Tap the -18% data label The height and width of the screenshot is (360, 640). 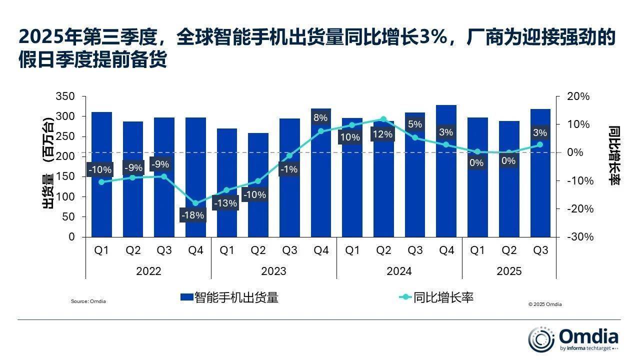tap(193, 215)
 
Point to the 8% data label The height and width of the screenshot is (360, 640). tap(320, 118)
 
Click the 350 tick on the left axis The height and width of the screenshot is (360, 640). tap(64, 96)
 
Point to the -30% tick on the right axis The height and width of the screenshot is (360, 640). tap(580, 237)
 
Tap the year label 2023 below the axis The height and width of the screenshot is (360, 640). tap(273, 271)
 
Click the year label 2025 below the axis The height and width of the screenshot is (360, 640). tap(509, 271)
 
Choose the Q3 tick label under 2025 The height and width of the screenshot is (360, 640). tap(540, 251)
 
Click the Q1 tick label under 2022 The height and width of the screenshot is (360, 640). tap(101, 251)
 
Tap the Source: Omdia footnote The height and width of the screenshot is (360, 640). tap(88, 301)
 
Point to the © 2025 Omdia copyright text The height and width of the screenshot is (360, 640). tap(544, 304)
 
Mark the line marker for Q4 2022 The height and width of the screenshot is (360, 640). tap(195, 203)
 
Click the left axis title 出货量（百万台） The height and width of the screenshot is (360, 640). tap(48, 165)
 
